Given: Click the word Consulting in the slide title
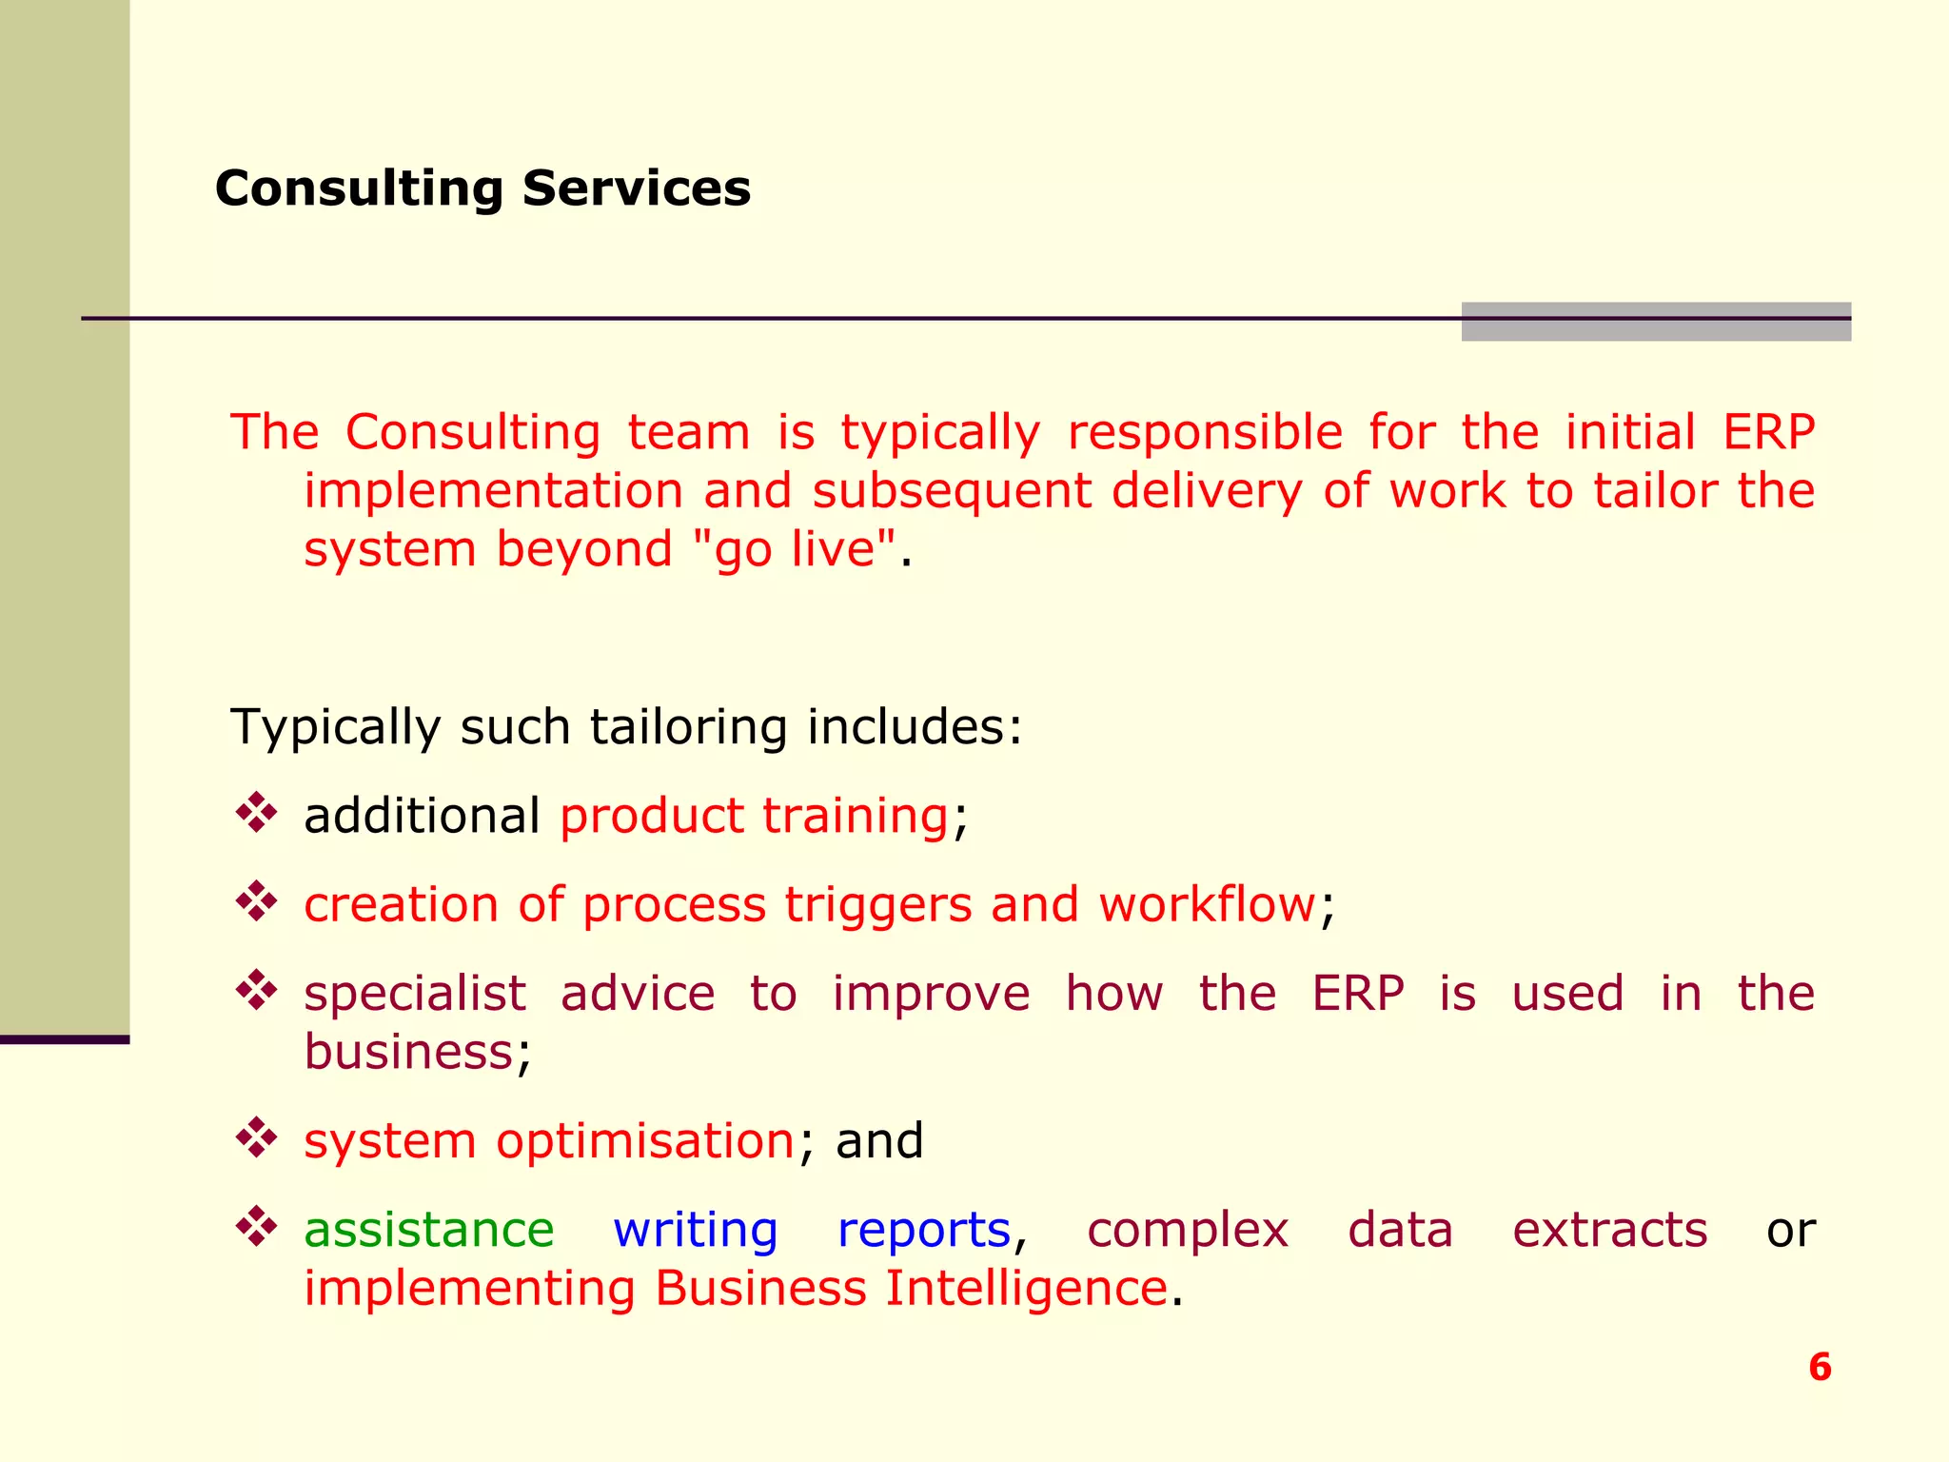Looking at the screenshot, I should click(x=358, y=188).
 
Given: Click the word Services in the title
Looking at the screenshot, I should click(x=636, y=188).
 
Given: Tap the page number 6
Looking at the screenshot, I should click(x=1820, y=1367).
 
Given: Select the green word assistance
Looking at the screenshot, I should click(x=428, y=1229).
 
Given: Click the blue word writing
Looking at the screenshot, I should click(x=695, y=1229).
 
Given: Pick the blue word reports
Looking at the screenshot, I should click(x=923, y=1229).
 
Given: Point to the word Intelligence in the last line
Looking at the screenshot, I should click(x=1026, y=1288).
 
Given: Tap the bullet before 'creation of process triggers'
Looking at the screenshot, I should click(x=256, y=901).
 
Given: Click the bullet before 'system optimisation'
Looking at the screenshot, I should click(x=256, y=1137).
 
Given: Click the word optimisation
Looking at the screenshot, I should click(x=644, y=1140).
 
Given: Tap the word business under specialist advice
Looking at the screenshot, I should click(x=409, y=1052).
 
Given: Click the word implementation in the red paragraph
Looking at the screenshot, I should click(x=493, y=491).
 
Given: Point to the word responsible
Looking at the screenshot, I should click(x=1205, y=432).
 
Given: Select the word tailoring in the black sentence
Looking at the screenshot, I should click(x=688, y=726).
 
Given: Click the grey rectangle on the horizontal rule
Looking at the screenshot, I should click(x=1656, y=322).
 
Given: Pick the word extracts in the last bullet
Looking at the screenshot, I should click(x=1609, y=1229).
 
